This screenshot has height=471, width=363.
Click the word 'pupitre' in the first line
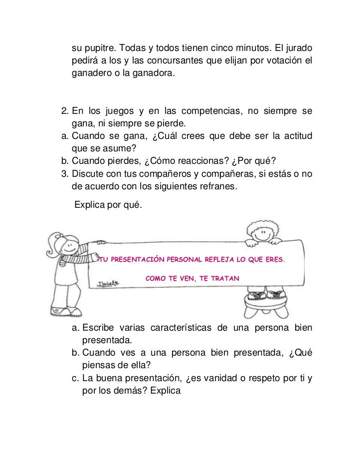coord(101,50)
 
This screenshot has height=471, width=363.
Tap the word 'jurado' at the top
coord(298,50)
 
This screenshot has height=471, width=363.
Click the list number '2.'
coord(64,110)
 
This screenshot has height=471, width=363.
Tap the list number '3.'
coord(64,172)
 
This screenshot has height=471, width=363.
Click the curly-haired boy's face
coord(259,233)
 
